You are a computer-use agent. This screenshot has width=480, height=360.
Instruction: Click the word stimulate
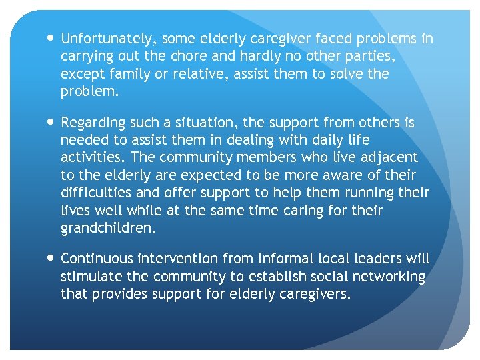tap(90, 275)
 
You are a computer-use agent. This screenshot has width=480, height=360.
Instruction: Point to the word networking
tap(388, 275)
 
